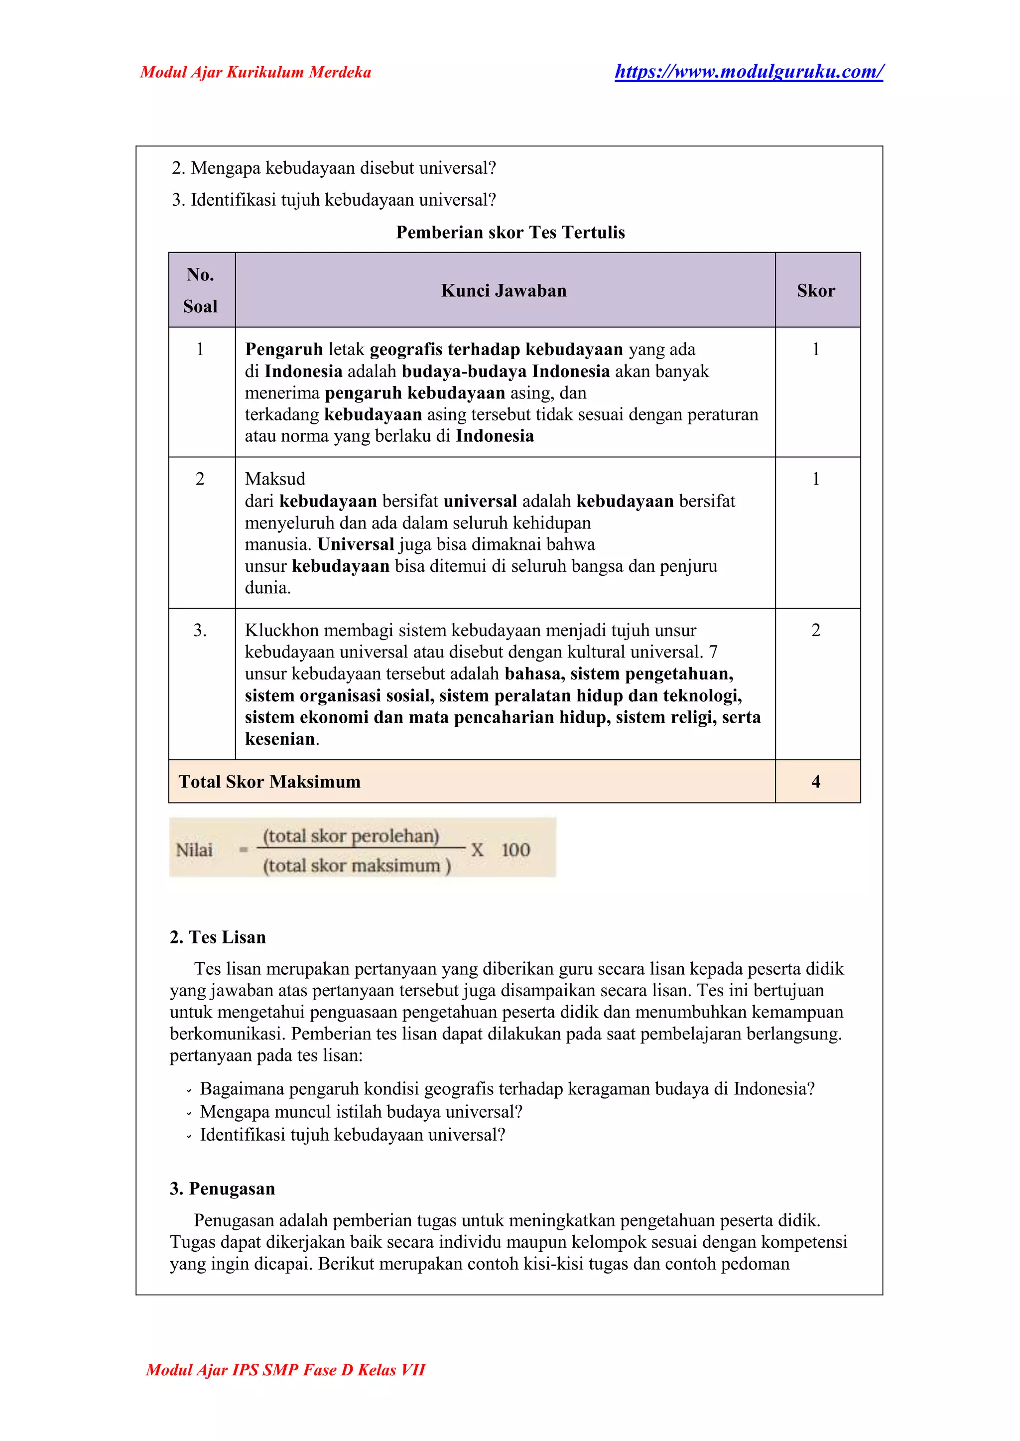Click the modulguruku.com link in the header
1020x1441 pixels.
[x=748, y=72]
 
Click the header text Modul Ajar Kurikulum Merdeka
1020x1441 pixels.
[x=255, y=72]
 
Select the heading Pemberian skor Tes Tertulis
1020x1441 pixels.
[x=510, y=233]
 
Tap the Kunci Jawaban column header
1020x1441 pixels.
[x=504, y=291]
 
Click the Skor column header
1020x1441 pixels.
[x=816, y=291]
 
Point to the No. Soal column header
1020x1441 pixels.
[x=200, y=290]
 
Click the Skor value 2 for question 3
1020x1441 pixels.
[x=816, y=630]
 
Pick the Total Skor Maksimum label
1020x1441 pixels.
[x=269, y=782]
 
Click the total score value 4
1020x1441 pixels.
[x=816, y=782]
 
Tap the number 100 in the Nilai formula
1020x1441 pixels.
[x=515, y=850]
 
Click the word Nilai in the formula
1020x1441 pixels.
[x=194, y=850]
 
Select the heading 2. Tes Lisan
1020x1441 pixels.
[x=217, y=937]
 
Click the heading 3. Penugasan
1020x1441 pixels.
[x=222, y=1188]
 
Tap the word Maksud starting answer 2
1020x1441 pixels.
[x=274, y=479]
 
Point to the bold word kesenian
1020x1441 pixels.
[x=280, y=739]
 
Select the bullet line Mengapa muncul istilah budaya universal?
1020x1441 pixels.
[x=361, y=1112]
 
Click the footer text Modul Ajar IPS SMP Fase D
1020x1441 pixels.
[x=285, y=1369]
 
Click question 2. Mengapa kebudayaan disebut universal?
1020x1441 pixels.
[x=334, y=168]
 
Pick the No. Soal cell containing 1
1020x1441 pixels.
[x=200, y=349]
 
